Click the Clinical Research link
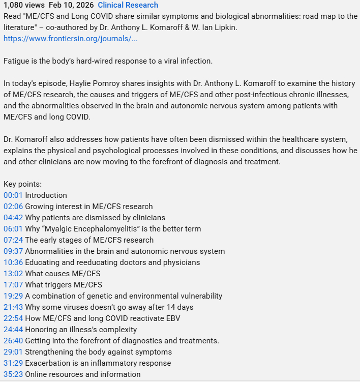point(128,5)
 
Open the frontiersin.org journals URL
point(70,38)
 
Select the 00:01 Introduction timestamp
point(13,195)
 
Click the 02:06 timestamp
point(13,207)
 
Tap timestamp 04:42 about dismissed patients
point(13,218)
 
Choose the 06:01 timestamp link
point(13,229)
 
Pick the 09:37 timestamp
point(13,251)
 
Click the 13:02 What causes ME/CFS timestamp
point(13,274)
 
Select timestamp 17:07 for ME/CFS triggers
point(13,285)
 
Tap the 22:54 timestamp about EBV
point(13,318)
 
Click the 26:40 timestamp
point(13,341)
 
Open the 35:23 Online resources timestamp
point(13,374)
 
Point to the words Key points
point(22,184)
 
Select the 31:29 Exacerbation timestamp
point(13,363)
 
